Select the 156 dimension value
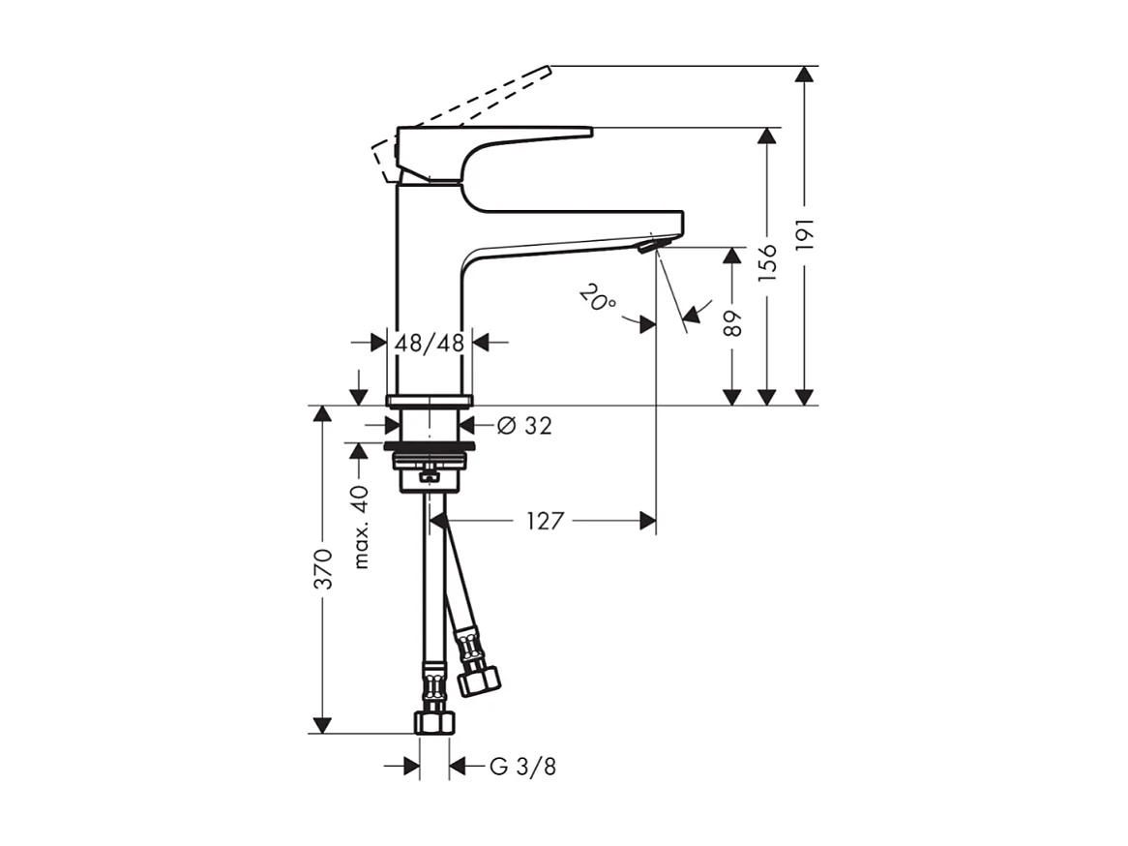tap(767, 263)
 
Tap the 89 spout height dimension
tap(733, 322)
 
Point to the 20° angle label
tap(599, 298)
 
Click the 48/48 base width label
tap(429, 343)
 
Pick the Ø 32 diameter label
tap(524, 425)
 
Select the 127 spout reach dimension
tap(545, 522)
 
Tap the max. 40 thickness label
tap(362, 527)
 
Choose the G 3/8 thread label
tap(522, 768)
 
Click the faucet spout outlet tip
tap(645, 247)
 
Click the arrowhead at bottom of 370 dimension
tap(323, 725)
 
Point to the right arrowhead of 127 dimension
tap(647, 522)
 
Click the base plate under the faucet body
tap(429, 400)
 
